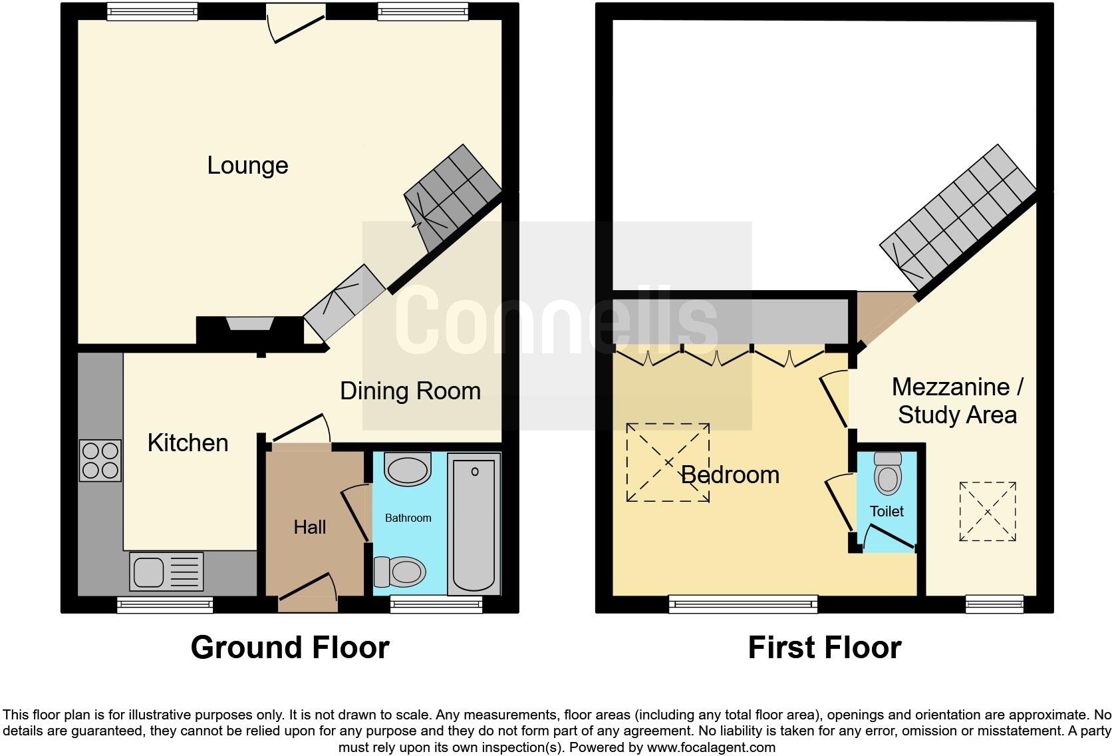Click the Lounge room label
(247, 165)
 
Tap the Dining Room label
(410, 391)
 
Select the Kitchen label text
(188, 443)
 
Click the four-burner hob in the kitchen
(100, 461)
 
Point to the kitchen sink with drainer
(166, 572)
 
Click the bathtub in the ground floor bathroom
(474, 523)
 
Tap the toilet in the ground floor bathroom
(401, 571)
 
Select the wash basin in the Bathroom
(408, 470)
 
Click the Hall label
(310, 527)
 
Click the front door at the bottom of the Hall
(308, 594)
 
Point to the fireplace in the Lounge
(249, 326)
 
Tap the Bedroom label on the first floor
(730, 474)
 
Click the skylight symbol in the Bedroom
(668, 463)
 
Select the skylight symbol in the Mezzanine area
(988, 512)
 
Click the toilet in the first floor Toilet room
(887, 473)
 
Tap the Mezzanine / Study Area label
(957, 401)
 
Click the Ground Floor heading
(290, 647)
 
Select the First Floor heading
(824, 647)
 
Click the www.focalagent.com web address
(710, 747)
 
